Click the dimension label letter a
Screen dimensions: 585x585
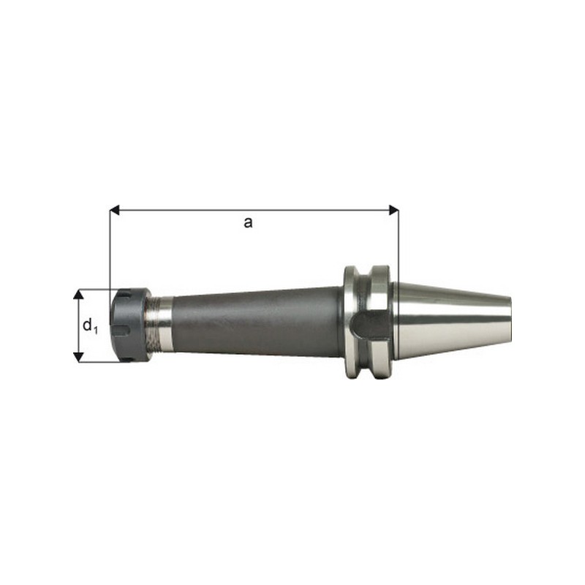tap(248, 223)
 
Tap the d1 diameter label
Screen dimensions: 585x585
tap(90, 325)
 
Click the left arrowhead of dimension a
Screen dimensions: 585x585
tap(115, 210)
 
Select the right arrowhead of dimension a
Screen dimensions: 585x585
tap(393, 210)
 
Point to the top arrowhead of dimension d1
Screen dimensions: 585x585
tap(78, 294)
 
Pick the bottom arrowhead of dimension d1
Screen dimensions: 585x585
tap(78, 357)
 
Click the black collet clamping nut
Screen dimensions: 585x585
tap(130, 325)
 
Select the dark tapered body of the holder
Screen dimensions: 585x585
tap(257, 322)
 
